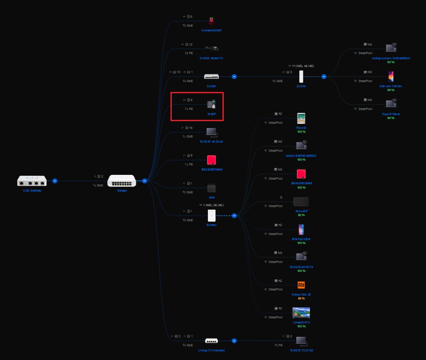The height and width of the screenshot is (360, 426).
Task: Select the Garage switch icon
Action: pyautogui.click(x=122, y=181)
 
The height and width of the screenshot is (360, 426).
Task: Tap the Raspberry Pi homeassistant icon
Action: pyautogui.click(x=211, y=21)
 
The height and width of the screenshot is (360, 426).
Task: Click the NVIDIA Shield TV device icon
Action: pyautogui.click(x=211, y=49)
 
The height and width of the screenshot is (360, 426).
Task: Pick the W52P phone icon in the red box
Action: pyautogui.click(x=211, y=104)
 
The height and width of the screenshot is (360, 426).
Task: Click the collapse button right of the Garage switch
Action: pyautogui.click(x=145, y=181)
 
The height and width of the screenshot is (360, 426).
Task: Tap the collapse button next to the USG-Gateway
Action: pyautogui.click(x=55, y=181)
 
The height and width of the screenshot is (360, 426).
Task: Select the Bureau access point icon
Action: pyautogui.click(x=211, y=215)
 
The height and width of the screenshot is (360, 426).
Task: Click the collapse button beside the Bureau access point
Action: pyautogui.click(x=234, y=216)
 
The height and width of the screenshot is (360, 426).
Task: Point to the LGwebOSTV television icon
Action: pyautogui.click(x=301, y=312)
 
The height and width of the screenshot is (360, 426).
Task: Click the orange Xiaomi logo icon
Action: pyautogui.click(x=301, y=285)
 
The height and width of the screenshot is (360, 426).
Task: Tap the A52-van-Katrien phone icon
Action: pyautogui.click(x=391, y=77)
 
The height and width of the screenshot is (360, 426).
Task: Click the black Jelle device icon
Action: pyautogui.click(x=211, y=188)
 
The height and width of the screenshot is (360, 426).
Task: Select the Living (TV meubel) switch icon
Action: pyautogui.click(x=211, y=341)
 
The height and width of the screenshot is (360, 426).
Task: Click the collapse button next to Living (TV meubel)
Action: pyautogui.click(x=234, y=341)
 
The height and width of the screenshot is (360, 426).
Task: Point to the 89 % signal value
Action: pyautogui.click(x=301, y=299)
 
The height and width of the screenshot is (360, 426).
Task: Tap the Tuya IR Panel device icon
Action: pyautogui.click(x=391, y=104)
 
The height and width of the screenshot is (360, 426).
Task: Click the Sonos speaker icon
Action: pyautogui.click(x=301, y=202)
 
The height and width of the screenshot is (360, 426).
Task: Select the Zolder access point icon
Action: pyautogui.click(x=301, y=76)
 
